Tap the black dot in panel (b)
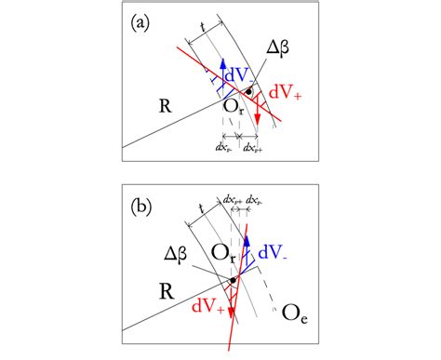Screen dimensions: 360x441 click(234, 277)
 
